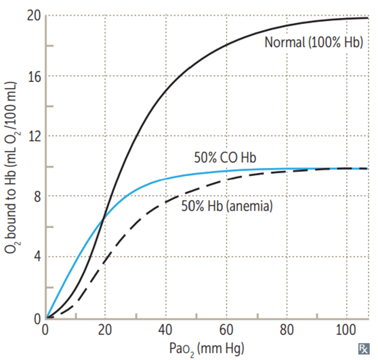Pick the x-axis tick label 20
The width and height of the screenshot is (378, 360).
click(x=104, y=330)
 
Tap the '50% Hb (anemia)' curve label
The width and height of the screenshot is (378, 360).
click(x=226, y=205)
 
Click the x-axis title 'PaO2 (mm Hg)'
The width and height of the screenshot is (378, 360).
click(x=207, y=348)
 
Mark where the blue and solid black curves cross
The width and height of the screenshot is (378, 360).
click(x=103, y=217)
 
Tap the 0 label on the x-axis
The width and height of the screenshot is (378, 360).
click(x=46, y=330)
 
